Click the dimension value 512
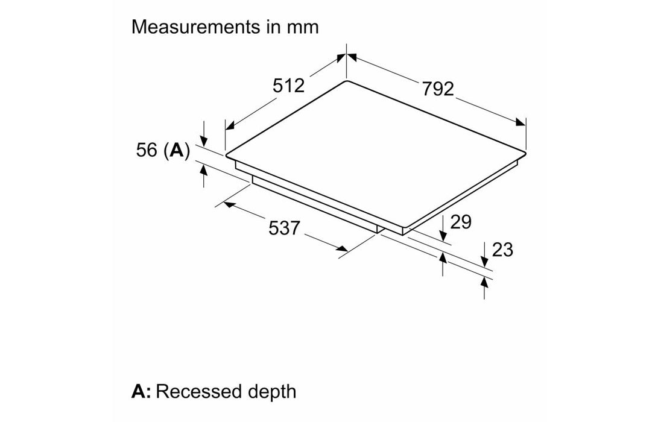(288, 86)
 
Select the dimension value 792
(437, 89)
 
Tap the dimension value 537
(283, 228)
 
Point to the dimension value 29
(460, 222)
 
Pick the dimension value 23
(502, 249)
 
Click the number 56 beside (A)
(147, 150)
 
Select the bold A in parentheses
(176, 150)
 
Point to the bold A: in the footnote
(142, 392)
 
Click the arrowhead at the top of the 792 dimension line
(352, 58)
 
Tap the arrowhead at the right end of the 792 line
(520, 123)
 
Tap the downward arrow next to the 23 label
(485, 260)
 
